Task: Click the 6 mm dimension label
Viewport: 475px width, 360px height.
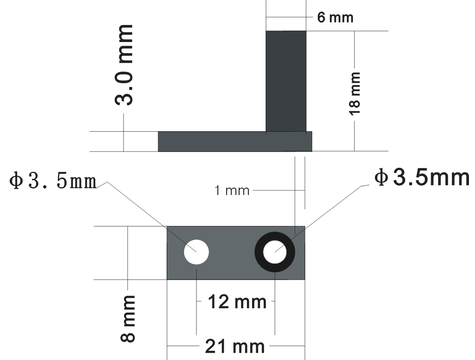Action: (x=335, y=18)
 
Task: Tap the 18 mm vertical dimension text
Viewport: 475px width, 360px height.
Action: (x=354, y=94)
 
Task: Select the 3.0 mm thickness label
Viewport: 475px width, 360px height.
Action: (x=124, y=65)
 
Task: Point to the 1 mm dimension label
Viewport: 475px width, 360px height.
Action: (x=232, y=191)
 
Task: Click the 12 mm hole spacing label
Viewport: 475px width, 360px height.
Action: (x=237, y=302)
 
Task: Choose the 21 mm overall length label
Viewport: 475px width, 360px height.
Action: (x=235, y=347)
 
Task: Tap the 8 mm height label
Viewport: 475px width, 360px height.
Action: (x=128, y=319)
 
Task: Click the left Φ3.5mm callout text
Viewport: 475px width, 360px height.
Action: (x=53, y=181)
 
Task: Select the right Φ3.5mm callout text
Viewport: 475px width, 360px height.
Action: (x=422, y=177)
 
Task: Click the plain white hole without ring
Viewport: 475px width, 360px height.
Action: (x=196, y=252)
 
